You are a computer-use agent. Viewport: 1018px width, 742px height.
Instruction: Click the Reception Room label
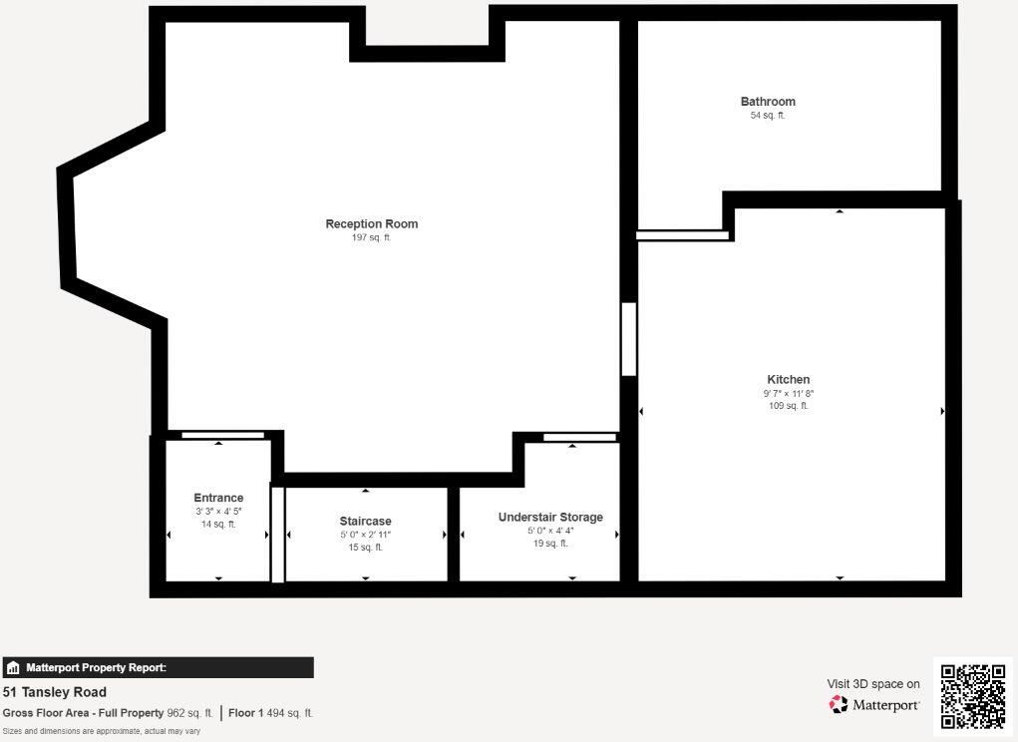[372, 223]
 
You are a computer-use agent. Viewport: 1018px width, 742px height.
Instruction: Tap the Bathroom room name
[768, 102]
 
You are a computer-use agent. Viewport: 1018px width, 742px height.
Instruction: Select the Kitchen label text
[788, 379]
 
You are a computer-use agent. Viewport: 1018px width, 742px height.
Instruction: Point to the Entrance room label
[218, 498]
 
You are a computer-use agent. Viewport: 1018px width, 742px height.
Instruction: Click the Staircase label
[365, 521]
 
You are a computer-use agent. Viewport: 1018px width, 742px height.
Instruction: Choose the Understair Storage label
[550, 517]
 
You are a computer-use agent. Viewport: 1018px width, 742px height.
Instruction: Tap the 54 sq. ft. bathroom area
[768, 116]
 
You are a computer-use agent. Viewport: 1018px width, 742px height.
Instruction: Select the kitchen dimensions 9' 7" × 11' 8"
[789, 394]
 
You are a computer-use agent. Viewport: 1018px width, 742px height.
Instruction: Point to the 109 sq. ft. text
[789, 406]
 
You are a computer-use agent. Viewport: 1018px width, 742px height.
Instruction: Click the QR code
[973, 696]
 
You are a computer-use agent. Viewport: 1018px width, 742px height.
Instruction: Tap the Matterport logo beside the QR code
[874, 705]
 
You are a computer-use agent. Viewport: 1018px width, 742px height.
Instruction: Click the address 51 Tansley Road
[55, 692]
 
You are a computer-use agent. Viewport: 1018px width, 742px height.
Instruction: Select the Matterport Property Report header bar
[158, 668]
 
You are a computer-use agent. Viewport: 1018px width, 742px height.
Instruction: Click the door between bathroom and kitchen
[683, 236]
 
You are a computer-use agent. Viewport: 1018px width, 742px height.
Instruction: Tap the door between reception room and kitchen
[629, 339]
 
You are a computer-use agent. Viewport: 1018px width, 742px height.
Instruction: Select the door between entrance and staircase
[278, 534]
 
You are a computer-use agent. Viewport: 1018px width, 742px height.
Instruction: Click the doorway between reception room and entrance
[223, 435]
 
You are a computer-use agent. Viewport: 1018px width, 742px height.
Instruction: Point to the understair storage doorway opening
[579, 437]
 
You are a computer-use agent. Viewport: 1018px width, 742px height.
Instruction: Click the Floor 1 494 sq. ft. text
[270, 713]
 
